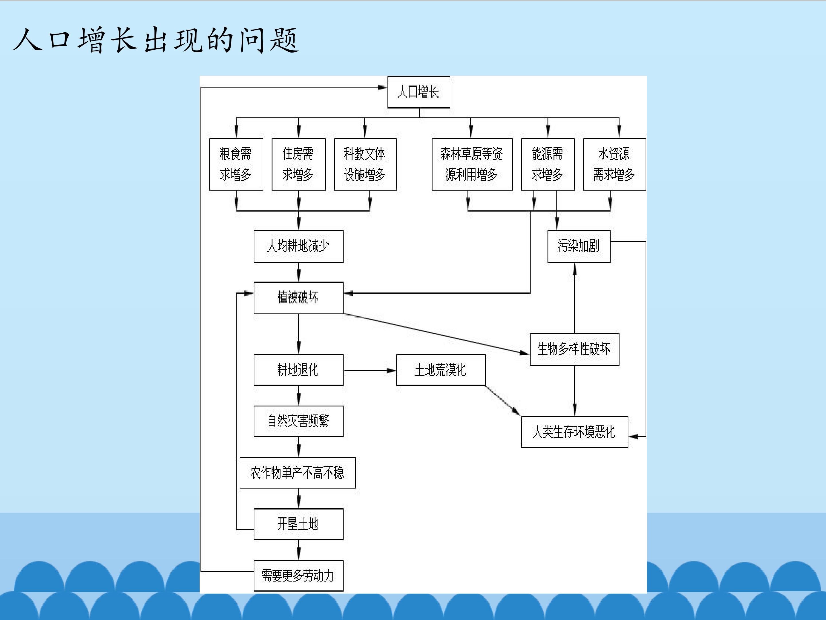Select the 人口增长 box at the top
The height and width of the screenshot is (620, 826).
(x=419, y=92)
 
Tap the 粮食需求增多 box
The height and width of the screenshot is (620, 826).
(x=236, y=164)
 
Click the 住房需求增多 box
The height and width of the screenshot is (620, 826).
(x=298, y=164)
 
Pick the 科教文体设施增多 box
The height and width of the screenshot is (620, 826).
(x=365, y=164)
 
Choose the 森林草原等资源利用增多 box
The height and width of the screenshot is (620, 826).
(x=472, y=164)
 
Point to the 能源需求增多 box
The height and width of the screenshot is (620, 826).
(x=548, y=164)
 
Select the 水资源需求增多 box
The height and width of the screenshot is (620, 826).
(x=614, y=164)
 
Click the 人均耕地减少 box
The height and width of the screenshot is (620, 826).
(x=298, y=246)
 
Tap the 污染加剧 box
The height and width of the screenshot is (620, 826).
(x=579, y=246)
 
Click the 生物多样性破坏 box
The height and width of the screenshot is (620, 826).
(x=574, y=349)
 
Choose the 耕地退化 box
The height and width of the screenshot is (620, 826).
(x=298, y=370)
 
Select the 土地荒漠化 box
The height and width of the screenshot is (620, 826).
(x=441, y=370)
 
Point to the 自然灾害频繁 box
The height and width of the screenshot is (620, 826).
(x=298, y=421)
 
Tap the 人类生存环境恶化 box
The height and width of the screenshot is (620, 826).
(x=574, y=432)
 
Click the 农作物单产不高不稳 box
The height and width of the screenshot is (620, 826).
(x=298, y=473)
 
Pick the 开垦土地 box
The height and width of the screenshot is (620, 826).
(x=298, y=524)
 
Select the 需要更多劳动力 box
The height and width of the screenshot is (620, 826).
(x=298, y=576)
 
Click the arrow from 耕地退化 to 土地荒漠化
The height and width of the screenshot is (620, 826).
(x=370, y=370)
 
